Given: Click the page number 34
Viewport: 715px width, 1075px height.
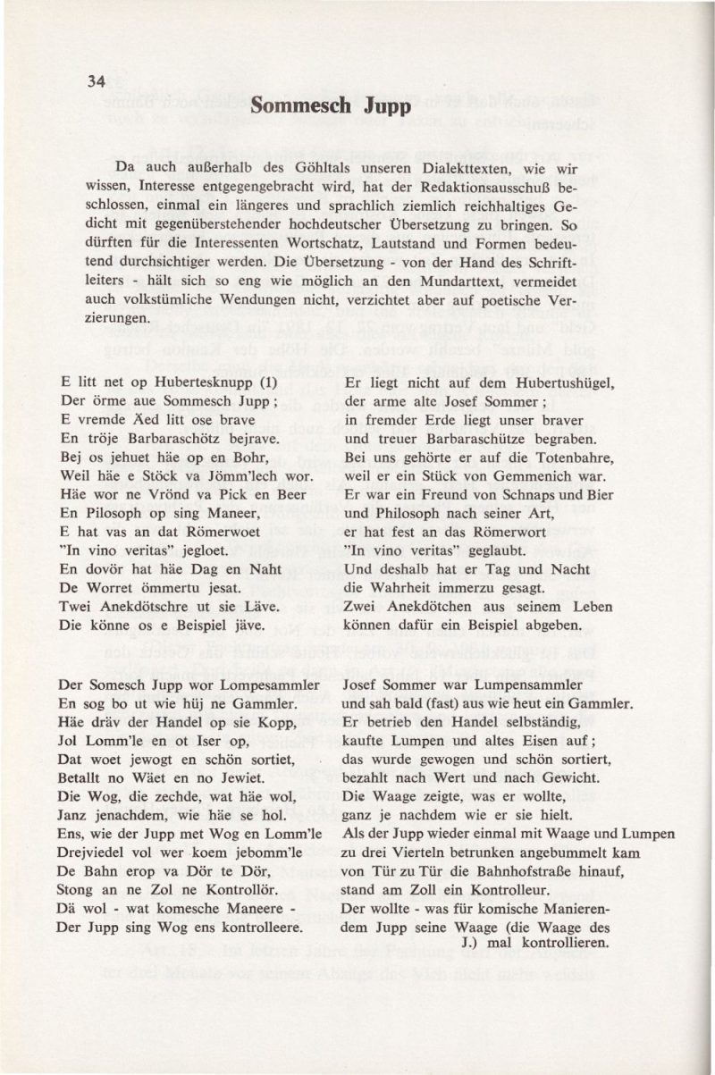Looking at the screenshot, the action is [x=97, y=80].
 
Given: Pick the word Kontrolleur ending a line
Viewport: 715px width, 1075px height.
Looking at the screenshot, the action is [x=506, y=890].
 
